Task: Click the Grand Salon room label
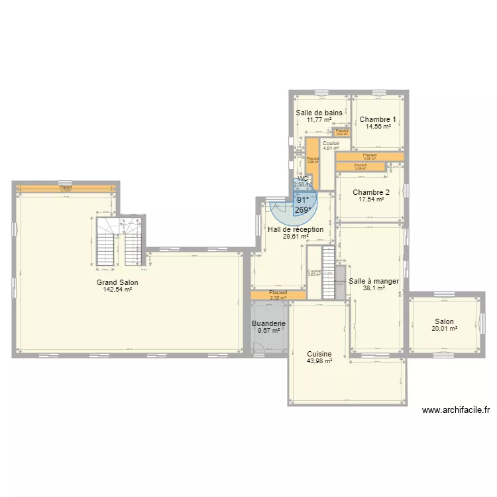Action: pyautogui.click(x=121, y=282)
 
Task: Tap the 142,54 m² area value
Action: pyautogui.click(x=121, y=289)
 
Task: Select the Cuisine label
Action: pyautogui.click(x=319, y=355)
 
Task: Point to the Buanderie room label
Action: pyautogui.click(x=269, y=323)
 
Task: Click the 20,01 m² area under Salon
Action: pyautogui.click(x=445, y=328)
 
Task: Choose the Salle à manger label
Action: pyautogui.click(x=374, y=281)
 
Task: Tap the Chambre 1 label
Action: pyautogui.click(x=378, y=120)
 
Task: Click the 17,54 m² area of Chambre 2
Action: pyautogui.click(x=371, y=199)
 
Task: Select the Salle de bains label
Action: pyautogui.click(x=319, y=113)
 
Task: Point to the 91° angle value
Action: pyautogui.click(x=303, y=199)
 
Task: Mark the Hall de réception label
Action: pyautogui.click(x=296, y=229)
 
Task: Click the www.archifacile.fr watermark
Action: pyautogui.click(x=455, y=410)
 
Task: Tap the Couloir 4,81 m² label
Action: pyautogui.click(x=331, y=146)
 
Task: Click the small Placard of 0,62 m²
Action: pyautogui.click(x=342, y=132)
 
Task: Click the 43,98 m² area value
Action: pyautogui.click(x=319, y=361)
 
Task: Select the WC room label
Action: pyautogui.click(x=302, y=179)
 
